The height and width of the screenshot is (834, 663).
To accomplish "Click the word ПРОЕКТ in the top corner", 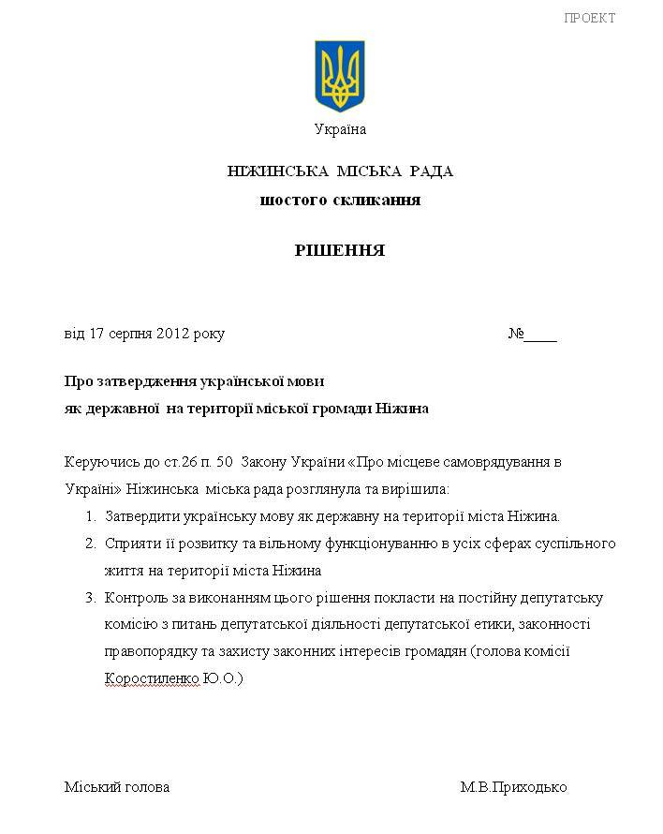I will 590,18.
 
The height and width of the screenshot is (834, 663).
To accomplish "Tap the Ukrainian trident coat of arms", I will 340,76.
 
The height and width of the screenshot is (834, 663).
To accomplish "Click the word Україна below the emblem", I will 340,129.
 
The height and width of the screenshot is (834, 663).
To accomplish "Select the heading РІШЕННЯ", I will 340,251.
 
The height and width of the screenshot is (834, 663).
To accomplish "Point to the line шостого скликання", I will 340,200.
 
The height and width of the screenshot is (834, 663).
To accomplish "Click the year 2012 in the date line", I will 174,334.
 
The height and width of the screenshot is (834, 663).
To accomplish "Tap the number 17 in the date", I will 97,334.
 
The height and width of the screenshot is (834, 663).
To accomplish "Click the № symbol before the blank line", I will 515,334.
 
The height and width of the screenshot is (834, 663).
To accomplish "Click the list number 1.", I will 90,516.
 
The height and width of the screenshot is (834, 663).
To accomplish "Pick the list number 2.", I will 90,544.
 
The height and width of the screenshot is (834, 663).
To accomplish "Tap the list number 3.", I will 90,598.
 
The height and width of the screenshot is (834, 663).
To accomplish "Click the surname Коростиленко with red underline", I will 152,678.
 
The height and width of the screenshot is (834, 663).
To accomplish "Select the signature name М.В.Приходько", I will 513,787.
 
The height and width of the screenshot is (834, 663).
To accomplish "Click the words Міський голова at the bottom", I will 117,787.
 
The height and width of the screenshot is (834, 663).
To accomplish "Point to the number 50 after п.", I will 224,462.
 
